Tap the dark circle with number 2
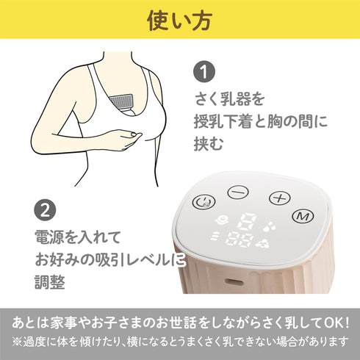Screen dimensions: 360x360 pyautogui.click(x=46, y=211)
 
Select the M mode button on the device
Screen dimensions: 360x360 pyautogui.click(x=300, y=215)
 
